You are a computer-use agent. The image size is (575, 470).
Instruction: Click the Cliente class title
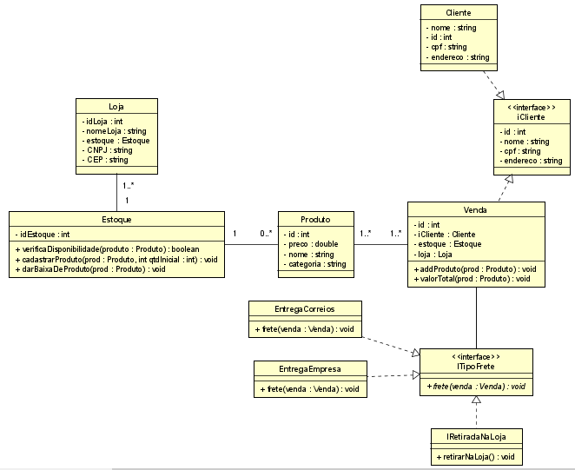click(x=458, y=13)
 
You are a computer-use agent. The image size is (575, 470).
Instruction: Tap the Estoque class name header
click(x=116, y=220)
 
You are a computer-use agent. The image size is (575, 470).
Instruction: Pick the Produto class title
click(x=315, y=220)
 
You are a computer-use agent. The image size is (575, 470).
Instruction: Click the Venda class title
click(x=475, y=210)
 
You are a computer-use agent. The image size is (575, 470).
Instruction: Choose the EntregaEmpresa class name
click(x=310, y=368)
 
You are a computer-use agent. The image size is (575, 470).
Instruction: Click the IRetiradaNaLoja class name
click(x=477, y=437)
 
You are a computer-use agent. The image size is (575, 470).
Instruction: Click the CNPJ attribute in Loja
click(x=109, y=150)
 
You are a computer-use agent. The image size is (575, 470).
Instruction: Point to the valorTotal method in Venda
click(x=475, y=280)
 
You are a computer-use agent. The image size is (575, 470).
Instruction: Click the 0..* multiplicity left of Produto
click(x=265, y=233)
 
